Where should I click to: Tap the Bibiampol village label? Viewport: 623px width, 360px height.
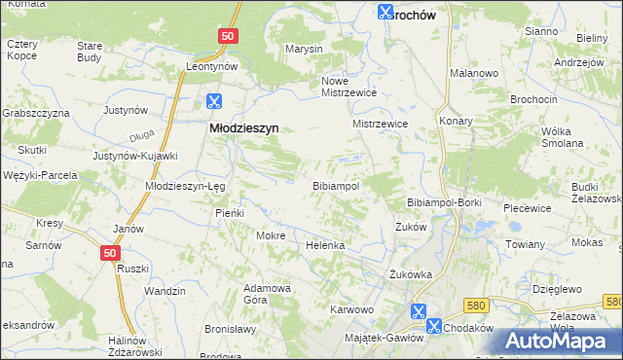(336, 185)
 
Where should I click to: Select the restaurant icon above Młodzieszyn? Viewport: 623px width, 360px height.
(214, 100)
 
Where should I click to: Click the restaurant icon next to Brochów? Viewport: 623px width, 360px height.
(385, 13)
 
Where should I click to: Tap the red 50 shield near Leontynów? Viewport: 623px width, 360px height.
(227, 35)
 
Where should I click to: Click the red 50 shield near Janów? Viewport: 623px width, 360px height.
(112, 253)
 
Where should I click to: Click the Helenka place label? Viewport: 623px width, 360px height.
(326, 245)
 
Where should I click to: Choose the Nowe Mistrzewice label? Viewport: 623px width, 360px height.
(348, 87)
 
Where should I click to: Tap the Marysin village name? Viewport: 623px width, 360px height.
(303, 49)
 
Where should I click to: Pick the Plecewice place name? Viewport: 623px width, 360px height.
(528, 208)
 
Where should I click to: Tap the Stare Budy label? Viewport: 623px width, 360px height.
(90, 52)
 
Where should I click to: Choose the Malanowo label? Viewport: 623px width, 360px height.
(474, 73)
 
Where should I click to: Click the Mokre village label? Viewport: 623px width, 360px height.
(269, 234)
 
